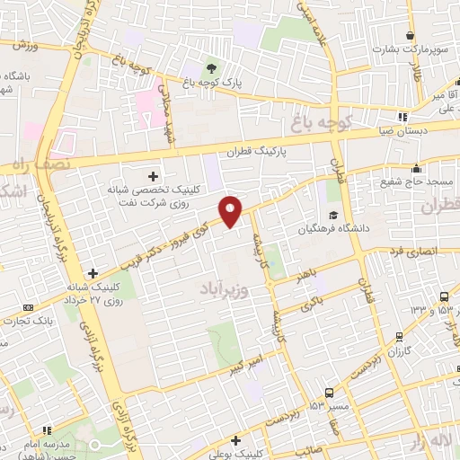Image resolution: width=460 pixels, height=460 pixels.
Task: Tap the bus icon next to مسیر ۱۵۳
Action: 330,393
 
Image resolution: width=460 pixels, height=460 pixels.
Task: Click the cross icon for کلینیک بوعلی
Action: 235,440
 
